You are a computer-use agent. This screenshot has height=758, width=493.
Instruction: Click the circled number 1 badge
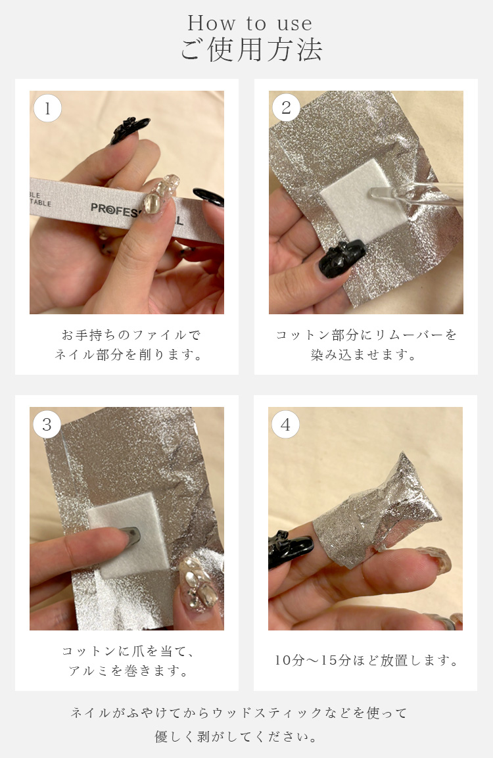click(x=47, y=108)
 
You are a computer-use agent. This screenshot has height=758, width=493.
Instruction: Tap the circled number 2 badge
click(x=286, y=107)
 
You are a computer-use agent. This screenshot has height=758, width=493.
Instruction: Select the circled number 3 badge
click(x=47, y=424)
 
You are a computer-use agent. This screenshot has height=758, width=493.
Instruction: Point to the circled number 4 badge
click(x=286, y=424)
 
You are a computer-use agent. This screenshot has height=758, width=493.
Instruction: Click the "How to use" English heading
click(x=250, y=23)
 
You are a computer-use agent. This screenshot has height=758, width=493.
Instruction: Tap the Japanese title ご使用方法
click(x=251, y=50)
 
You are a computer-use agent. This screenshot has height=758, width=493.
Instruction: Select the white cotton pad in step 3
click(x=129, y=535)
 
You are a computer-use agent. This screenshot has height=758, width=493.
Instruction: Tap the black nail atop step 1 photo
click(x=129, y=130)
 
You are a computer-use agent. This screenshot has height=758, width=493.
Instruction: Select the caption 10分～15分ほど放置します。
click(x=366, y=660)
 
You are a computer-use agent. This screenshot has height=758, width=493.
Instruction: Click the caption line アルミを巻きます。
click(x=128, y=671)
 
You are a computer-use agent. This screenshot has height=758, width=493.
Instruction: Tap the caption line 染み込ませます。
click(x=364, y=354)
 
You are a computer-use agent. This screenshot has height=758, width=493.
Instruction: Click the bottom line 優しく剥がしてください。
click(x=237, y=736)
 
